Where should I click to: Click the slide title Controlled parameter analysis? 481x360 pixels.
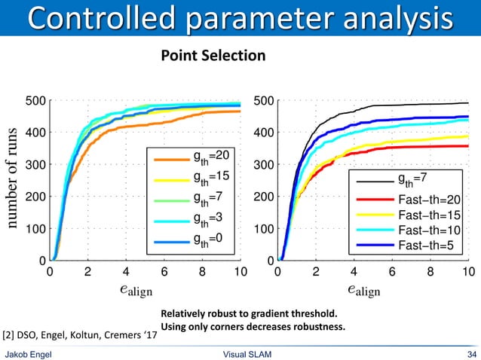[240, 18]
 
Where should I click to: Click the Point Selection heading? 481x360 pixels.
[211, 56]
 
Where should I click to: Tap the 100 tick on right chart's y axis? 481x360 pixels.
[262, 227]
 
